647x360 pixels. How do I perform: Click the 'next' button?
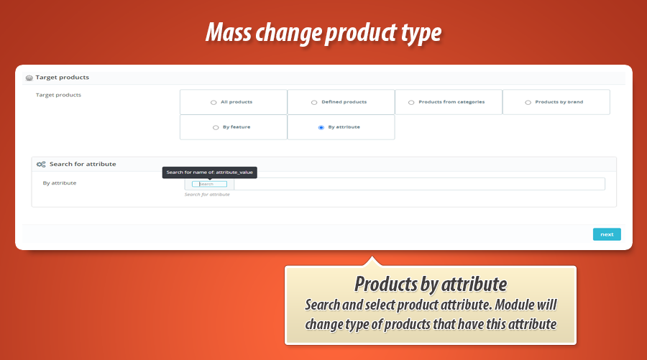[607, 234]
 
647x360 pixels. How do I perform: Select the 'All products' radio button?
[214, 103]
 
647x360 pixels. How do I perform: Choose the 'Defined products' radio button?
[314, 103]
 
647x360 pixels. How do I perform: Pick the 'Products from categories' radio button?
[411, 103]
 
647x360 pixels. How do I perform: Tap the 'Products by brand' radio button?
[528, 103]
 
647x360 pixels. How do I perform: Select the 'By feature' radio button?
[216, 128]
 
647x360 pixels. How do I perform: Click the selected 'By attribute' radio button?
[321, 128]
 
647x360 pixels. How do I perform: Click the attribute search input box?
[209, 184]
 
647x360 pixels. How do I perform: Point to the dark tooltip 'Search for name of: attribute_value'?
[210, 172]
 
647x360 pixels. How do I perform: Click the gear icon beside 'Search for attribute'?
[41, 165]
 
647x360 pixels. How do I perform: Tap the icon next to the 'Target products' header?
[29, 78]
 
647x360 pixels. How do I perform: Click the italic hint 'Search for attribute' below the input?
[207, 195]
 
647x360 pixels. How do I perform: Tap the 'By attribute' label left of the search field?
[60, 183]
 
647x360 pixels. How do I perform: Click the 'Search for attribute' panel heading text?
[83, 165]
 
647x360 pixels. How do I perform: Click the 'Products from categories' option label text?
[451, 102]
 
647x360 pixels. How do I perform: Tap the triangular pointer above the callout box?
[371, 261]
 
